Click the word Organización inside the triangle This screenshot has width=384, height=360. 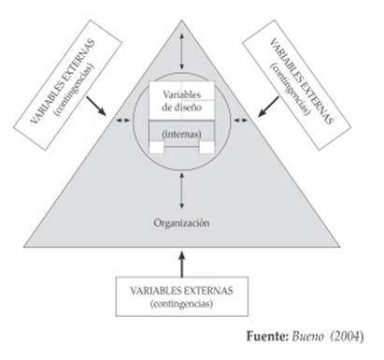183,223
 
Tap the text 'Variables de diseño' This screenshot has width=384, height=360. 183,100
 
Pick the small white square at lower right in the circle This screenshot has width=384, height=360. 208,148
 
